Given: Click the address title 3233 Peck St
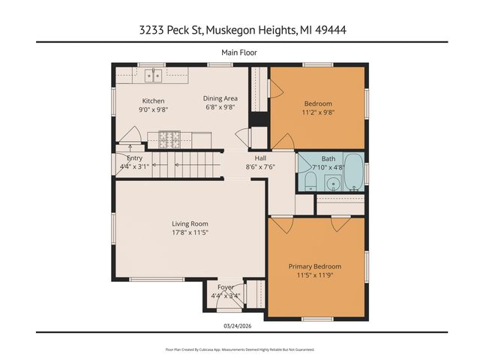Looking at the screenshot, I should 239,30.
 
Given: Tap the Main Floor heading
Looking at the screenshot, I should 239,52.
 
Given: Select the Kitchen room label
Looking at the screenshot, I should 154,101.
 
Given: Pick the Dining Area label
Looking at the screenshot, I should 220,98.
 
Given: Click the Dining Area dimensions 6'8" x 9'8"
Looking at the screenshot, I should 220,107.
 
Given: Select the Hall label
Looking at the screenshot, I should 260,158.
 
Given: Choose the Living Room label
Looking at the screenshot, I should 190,223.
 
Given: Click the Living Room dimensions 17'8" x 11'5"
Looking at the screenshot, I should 190,232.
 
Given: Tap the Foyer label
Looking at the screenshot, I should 226,287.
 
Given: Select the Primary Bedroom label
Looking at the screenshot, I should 315,266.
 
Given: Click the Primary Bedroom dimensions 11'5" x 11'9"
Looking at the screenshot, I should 315,275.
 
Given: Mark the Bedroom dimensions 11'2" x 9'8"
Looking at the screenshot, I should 318,112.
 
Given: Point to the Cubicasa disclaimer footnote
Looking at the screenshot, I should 239,349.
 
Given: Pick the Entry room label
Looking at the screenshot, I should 135,158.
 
